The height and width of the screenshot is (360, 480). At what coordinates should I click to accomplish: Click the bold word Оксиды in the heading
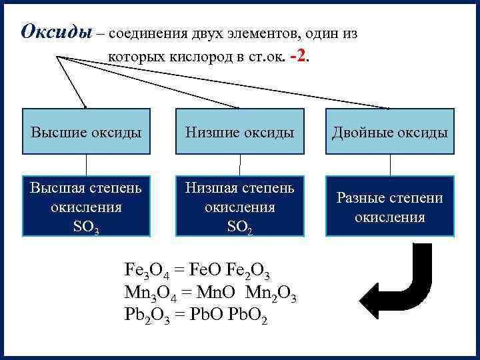click(x=55, y=31)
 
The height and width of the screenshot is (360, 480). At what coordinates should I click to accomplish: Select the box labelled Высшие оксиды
click(x=86, y=132)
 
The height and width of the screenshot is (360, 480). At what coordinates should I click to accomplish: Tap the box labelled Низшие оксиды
click(x=239, y=132)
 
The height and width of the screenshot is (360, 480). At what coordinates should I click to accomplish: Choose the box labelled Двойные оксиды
click(x=390, y=132)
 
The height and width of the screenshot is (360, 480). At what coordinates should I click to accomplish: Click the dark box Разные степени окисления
click(x=390, y=207)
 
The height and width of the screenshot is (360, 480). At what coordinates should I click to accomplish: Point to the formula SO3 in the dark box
click(x=87, y=227)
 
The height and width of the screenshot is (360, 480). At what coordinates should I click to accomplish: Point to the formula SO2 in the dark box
click(x=239, y=227)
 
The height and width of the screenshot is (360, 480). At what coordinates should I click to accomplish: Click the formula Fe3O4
click(x=144, y=270)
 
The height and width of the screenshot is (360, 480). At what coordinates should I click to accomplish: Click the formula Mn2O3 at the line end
click(x=271, y=292)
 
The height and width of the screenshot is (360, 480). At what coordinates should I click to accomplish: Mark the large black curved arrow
click(x=407, y=283)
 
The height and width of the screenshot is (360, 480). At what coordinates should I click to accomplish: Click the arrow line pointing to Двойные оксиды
click(x=267, y=87)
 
